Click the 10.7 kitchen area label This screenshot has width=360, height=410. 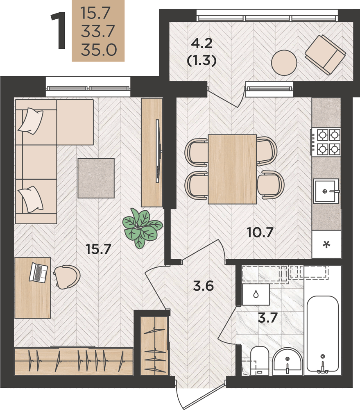pyautogui.click(x=260, y=232)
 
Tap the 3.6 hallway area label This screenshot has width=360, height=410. pyautogui.click(x=203, y=286)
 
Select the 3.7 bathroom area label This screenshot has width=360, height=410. pyautogui.click(x=267, y=318)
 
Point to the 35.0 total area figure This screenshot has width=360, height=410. pyautogui.click(x=98, y=50)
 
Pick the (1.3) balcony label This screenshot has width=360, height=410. pyautogui.click(x=202, y=61)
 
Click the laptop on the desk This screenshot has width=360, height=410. pyautogui.click(x=38, y=273)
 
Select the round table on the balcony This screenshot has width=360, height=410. pyautogui.click(x=284, y=63)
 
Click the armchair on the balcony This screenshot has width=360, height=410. pyautogui.click(x=325, y=55)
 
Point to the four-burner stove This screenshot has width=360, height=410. pyautogui.click(x=326, y=142)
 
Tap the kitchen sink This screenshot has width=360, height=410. pyautogui.click(x=326, y=191)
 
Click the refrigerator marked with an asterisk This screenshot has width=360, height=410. pyautogui.click(x=326, y=244)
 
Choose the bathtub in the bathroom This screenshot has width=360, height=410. pyautogui.click(x=323, y=334)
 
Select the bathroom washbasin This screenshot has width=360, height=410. pyautogui.click(x=288, y=362)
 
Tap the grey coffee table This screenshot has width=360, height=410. pyautogui.click(x=96, y=178)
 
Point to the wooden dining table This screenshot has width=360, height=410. pyautogui.click(x=232, y=169)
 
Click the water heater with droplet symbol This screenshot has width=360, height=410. pyautogui.click(x=256, y=294)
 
